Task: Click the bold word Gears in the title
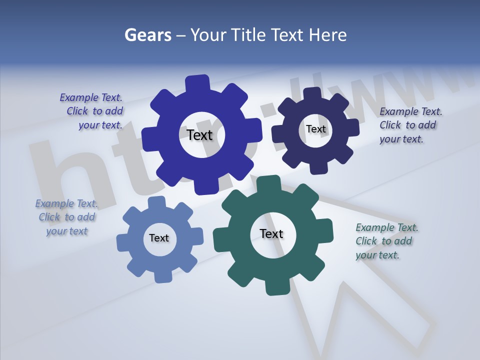pos(147,35)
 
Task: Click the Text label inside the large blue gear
pos(199,135)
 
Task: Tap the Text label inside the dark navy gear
pos(315,129)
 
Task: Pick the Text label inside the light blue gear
pos(159,238)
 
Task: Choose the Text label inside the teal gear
pos(271,234)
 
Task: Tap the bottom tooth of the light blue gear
pos(161,275)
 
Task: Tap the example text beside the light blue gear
pos(66,217)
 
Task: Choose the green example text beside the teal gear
pos(385,241)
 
